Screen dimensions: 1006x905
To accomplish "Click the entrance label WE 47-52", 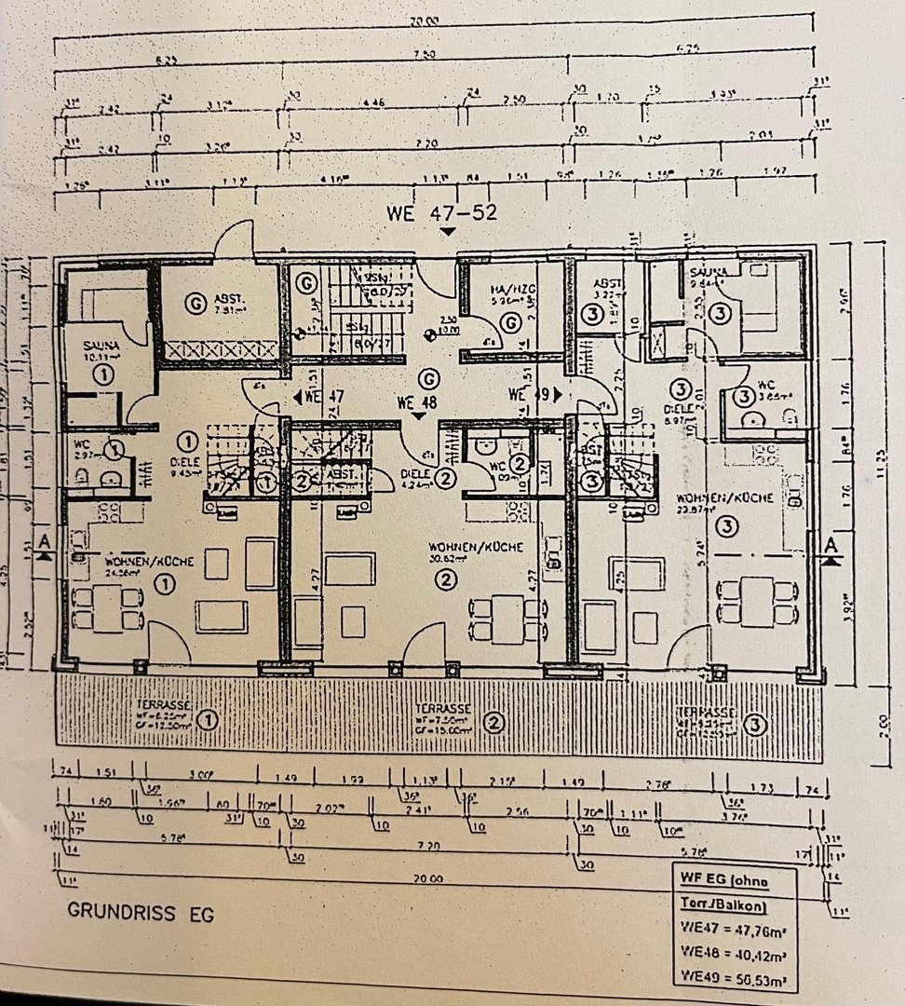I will (442, 213).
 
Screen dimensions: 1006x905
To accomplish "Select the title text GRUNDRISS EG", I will (141, 913).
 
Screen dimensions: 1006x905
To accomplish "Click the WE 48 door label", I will (416, 403).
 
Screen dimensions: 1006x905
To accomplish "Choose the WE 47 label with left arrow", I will (319, 397).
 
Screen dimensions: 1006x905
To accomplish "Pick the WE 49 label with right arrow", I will (534, 394).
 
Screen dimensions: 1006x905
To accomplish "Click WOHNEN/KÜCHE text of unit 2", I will (476, 547).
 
